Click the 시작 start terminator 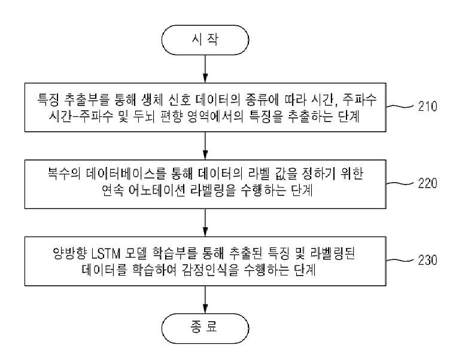(x=205, y=40)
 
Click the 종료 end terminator (x=205, y=328)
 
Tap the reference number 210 (x=427, y=106)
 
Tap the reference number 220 (x=427, y=183)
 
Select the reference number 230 (x=427, y=260)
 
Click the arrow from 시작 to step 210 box (x=205, y=69)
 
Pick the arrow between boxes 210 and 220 (x=205, y=146)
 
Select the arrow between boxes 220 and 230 (x=205, y=223)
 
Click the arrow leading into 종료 (x=205, y=300)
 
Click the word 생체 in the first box (x=151, y=99)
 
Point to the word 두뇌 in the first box (x=144, y=116)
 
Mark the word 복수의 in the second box (x=64, y=173)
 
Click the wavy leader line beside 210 (x=400, y=106)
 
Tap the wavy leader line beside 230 (x=400, y=260)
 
